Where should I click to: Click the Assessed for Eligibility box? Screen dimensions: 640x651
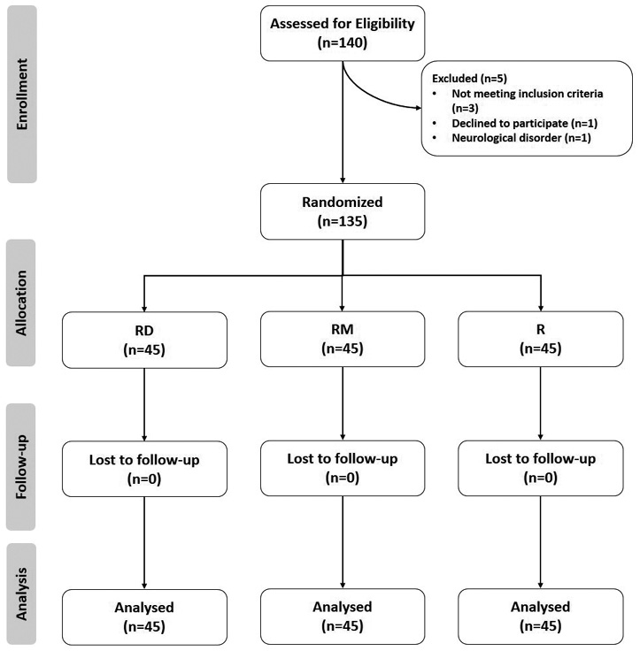[x=343, y=34]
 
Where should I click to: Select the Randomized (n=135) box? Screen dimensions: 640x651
[x=343, y=211]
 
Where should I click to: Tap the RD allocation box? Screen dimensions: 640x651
[x=144, y=340]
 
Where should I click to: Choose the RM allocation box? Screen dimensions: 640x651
[x=343, y=339]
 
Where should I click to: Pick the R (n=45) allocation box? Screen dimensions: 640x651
[x=541, y=339]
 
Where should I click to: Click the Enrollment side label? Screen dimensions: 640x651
[x=22, y=94]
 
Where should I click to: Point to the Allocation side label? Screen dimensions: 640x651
[x=20, y=303]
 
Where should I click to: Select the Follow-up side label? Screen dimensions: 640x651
[x=20, y=467]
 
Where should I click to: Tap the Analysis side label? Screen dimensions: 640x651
[x=20, y=594]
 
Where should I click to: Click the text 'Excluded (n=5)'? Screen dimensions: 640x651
[x=469, y=79]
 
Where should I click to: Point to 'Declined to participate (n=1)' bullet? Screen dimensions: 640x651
[x=524, y=123]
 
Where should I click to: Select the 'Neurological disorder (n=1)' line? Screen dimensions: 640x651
[x=521, y=138]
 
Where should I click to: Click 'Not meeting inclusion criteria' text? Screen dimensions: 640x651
[x=528, y=94]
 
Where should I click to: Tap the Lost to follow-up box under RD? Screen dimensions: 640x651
[x=144, y=469]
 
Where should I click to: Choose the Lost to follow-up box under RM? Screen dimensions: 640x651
[x=343, y=468]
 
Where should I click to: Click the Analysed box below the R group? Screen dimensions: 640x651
[x=541, y=617]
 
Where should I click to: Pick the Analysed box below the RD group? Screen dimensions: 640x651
[x=144, y=617]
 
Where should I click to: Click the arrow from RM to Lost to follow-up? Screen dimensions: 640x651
[x=343, y=403]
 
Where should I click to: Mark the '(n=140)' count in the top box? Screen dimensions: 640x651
[x=343, y=42]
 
